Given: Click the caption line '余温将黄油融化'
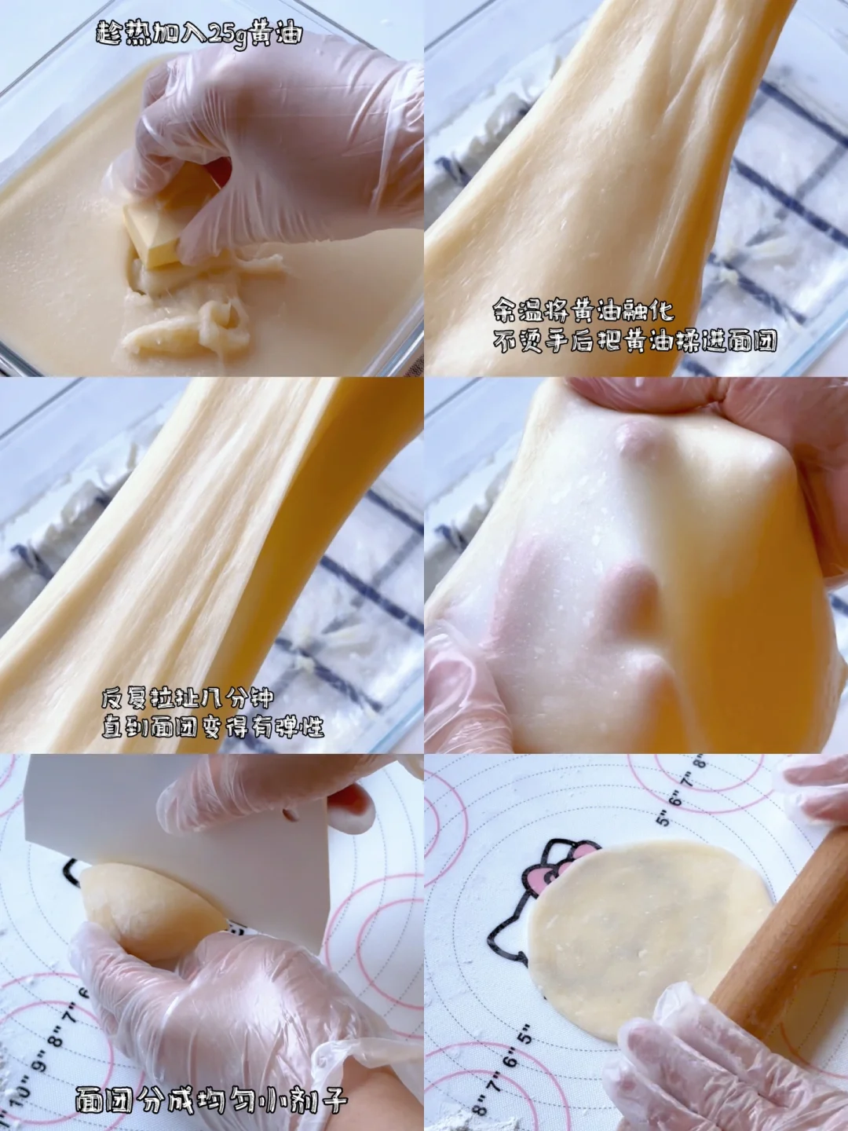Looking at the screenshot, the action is coord(583,311).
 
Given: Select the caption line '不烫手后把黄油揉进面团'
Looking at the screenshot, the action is coord(634,340).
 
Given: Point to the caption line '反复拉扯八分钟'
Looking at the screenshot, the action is coord(188,698).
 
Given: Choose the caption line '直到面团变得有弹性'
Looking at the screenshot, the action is coord(213,728).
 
